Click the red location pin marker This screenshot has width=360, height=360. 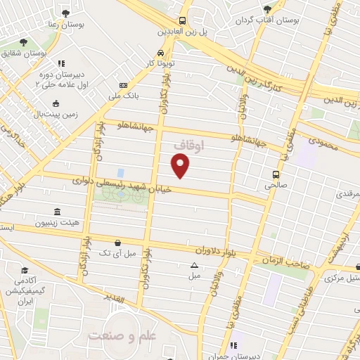coord(181,166)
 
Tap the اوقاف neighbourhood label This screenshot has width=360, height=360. coord(188,146)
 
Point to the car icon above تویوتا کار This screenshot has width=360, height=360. coord(161,53)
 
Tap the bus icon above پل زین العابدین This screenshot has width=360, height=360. coord(182,21)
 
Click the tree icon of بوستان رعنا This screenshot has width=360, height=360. coord(65,13)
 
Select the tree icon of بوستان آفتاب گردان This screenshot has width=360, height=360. coord(266,9)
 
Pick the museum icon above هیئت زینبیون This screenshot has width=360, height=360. coord(56,212)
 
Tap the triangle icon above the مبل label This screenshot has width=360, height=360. coord(194,265)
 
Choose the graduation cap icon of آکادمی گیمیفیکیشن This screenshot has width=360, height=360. coord(25,271)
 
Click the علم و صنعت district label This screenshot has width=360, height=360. coord(120,335)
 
